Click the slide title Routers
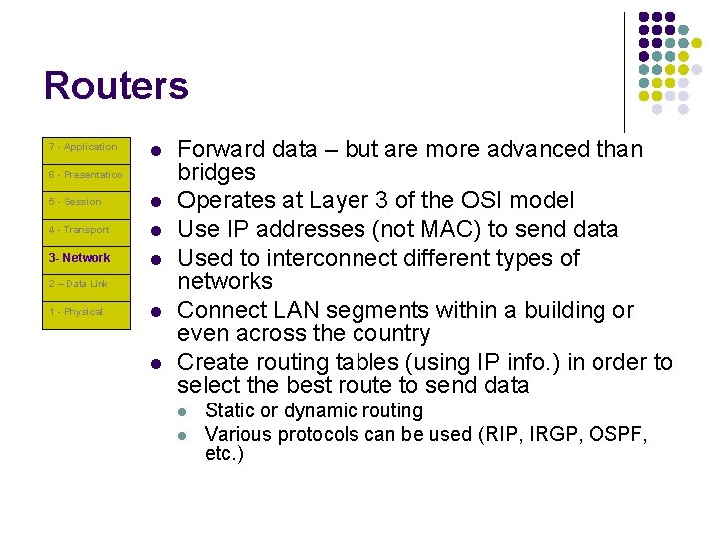116,86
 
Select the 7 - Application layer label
83,147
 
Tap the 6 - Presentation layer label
86,175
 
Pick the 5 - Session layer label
75,202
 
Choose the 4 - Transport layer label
79,230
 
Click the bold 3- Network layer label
80,258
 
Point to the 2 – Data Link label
78,284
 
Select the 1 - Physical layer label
76,312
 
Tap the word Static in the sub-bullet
227,411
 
